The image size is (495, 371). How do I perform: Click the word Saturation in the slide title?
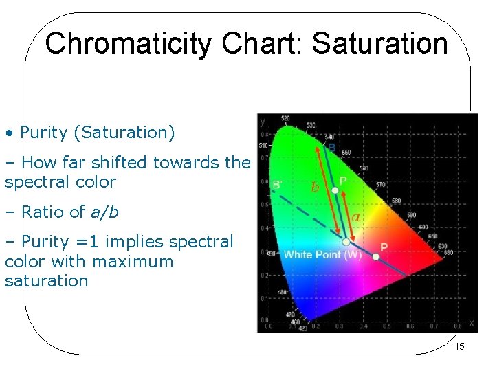379,43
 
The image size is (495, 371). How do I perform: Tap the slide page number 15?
460,347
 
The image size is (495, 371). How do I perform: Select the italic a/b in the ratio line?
104,212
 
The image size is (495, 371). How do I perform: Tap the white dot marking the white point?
346,242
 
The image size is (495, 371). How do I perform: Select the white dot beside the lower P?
375,257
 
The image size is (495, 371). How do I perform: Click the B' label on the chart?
277,184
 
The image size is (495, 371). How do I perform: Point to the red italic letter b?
315,187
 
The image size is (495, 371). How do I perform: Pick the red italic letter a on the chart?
355,218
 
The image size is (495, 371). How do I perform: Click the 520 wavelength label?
285,118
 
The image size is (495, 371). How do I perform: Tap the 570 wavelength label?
382,184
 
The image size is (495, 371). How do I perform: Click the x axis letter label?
472,322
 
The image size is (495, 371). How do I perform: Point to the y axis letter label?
263,122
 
